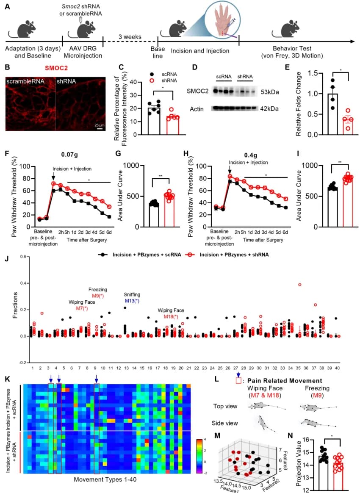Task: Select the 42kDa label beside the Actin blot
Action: point(270,109)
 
